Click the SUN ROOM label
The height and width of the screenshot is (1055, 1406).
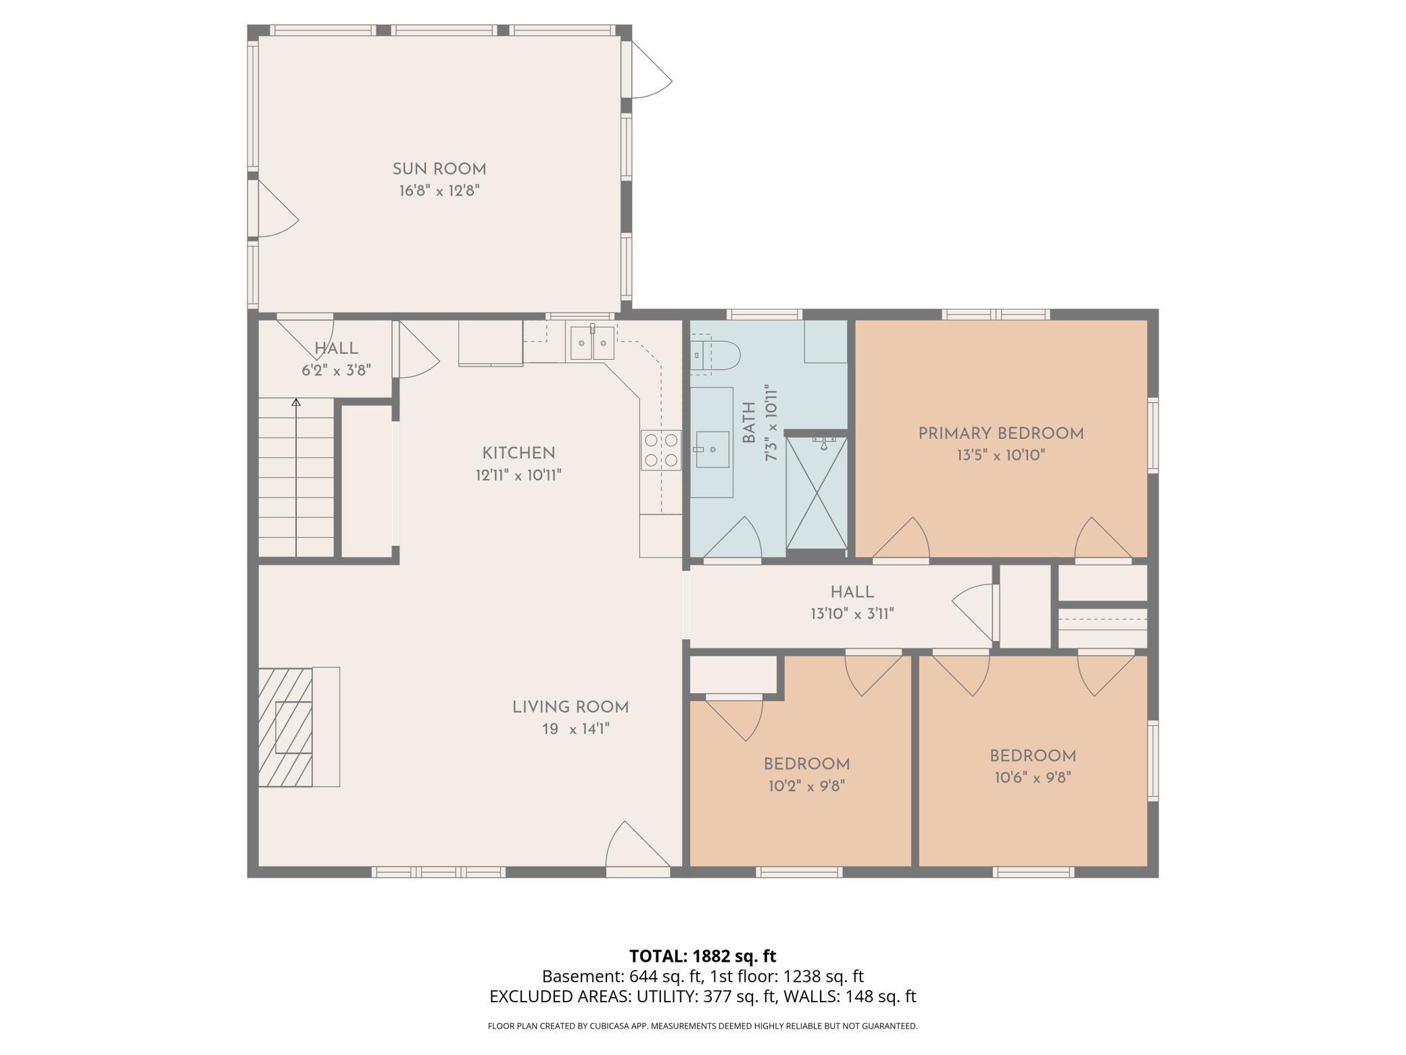(439, 169)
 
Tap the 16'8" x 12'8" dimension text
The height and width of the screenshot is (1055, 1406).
(439, 191)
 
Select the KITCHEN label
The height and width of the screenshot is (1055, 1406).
(518, 453)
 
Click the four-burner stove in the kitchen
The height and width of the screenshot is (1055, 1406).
(661, 450)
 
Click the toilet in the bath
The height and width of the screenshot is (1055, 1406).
(715, 354)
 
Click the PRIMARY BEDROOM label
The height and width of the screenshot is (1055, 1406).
(1001, 433)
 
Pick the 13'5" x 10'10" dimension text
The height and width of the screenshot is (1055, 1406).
(1001, 455)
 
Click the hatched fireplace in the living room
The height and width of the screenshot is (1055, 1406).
(285, 728)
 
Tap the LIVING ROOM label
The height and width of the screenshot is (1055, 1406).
(571, 707)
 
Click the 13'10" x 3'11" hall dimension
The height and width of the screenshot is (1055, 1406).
(852, 614)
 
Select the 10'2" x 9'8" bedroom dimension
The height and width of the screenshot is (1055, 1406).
(807, 786)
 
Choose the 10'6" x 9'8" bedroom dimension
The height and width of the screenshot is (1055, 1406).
(1033, 778)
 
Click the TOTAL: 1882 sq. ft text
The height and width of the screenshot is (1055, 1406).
(703, 956)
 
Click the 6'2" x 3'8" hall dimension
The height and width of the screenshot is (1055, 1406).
(336, 370)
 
